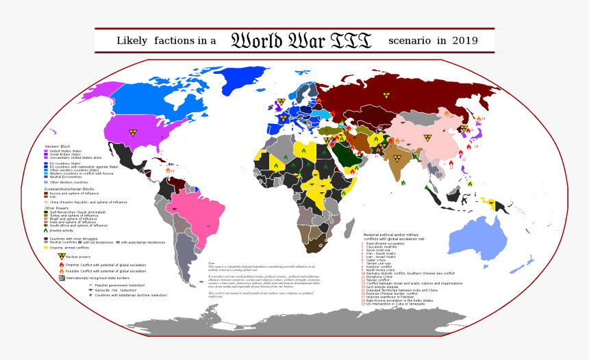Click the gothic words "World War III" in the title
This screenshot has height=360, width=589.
[x=301, y=40]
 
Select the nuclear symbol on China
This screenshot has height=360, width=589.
[x=427, y=138]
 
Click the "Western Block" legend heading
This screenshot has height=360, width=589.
[x=58, y=146]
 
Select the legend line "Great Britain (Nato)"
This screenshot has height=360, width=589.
[x=65, y=155]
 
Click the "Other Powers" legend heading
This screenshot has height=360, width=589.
[x=57, y=208]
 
